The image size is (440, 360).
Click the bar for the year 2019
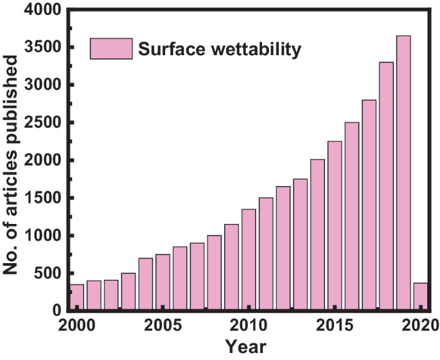pyautogui.click(x=403, y=173)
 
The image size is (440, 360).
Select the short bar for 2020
pyautogui.click(x=421, y=297)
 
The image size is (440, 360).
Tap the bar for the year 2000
pyautogui.click(x=77, y=298)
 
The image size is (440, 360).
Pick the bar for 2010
pyautogui.click(x=249, y=260)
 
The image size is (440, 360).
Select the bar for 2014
pyautogui.click(x=317, y=235)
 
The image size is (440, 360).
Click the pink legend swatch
pyautogui.click(x=111, y=49)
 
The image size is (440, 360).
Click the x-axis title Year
pyautogui.click(x=247, y=347)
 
